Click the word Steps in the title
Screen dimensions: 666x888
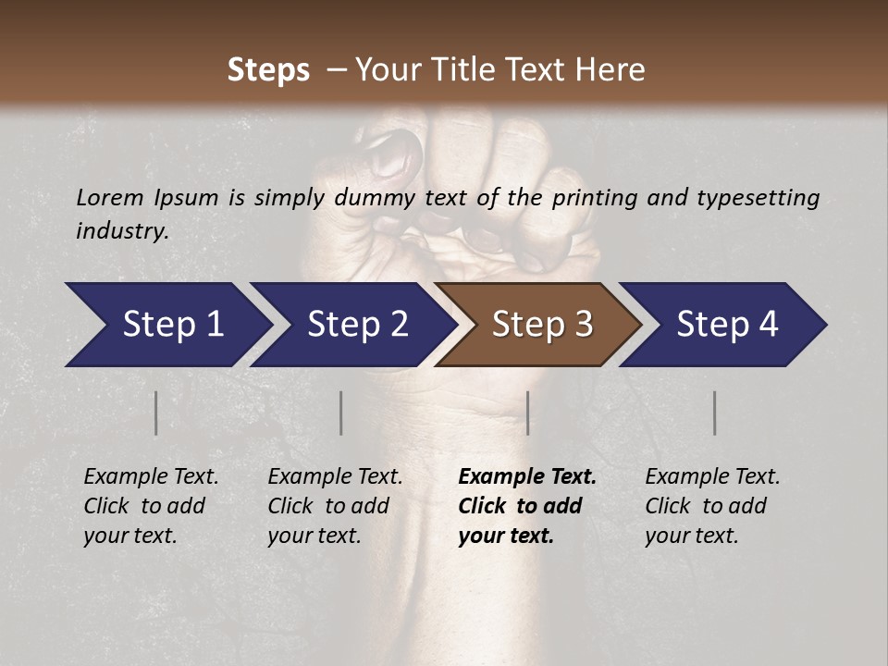pos(268,69)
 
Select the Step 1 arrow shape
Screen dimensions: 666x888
pos(166,325)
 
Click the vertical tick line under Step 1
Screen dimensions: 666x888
pos(156,413)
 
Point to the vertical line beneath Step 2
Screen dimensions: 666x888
pos(341,413)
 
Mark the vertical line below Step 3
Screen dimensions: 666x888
pos(527,413)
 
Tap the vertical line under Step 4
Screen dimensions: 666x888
pos(714,413)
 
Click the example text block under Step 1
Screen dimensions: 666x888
pos(151,506)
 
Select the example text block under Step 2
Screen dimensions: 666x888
pos(335,506)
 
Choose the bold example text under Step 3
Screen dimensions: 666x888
pos(527,506)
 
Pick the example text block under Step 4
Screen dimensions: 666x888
pos(712,506)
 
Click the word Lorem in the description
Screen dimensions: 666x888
pos(109,198)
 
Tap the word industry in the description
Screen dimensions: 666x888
pos(122,231)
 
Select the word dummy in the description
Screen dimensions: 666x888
pos(375,198)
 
